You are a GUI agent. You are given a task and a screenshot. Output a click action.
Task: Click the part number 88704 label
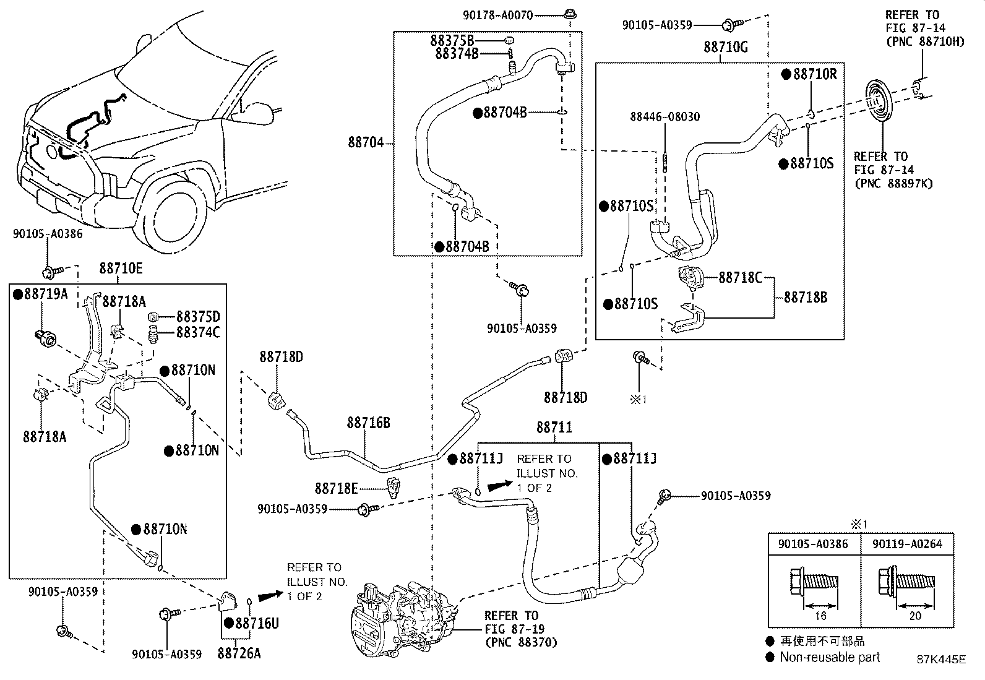coord(366,143)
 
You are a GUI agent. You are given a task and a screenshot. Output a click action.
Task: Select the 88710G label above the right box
coord(725,47)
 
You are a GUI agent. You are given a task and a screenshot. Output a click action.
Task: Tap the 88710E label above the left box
coord(121,268)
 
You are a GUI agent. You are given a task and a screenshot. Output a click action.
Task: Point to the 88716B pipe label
coord(368,423)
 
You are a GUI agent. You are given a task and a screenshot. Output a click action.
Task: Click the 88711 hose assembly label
coord(554,427)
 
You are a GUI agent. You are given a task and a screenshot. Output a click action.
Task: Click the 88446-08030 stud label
coord(665,116)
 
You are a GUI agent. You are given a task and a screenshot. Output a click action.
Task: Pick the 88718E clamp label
coord(336,489)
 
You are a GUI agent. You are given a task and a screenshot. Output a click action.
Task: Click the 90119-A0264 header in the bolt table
coord(907,544)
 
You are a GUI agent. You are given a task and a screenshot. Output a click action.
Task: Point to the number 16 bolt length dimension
coord(820,616)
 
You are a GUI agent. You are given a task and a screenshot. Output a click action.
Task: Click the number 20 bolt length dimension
coord(915,616)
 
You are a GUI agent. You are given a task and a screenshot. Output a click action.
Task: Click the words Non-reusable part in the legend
coord(829,657)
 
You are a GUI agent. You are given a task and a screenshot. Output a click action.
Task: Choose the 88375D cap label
coord(198,316)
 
